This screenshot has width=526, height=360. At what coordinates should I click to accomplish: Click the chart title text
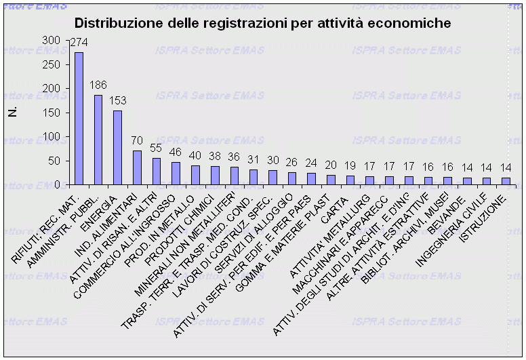pyautogui.click(x=262, y=23)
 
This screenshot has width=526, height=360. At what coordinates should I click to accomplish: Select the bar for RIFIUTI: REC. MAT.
pyautogui.click(x=79, y=118)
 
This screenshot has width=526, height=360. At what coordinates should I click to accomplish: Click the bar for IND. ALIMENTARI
pyautogui.click(x=137, y=167)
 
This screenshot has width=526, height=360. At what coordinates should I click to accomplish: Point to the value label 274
pyautogui.click(x=79, y=43)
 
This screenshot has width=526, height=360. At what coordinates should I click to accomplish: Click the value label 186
pyautogui.click(x=99, y=85)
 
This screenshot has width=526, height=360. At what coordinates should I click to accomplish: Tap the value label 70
pyautogui.click(x=137, y=141)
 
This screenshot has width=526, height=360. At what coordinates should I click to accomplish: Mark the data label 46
pyautogui.click(x=176, y=153)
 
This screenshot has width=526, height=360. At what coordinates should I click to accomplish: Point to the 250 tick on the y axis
pyautogui.click(x=60, y=64)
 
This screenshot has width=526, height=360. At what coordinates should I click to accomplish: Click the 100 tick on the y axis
pyautogui.click(x=60, y=136)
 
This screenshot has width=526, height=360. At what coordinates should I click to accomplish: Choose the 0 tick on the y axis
pyautogui.click(x=65, y=184)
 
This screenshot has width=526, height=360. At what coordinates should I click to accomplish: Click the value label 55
pyautogui.click(x=156, y=148)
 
